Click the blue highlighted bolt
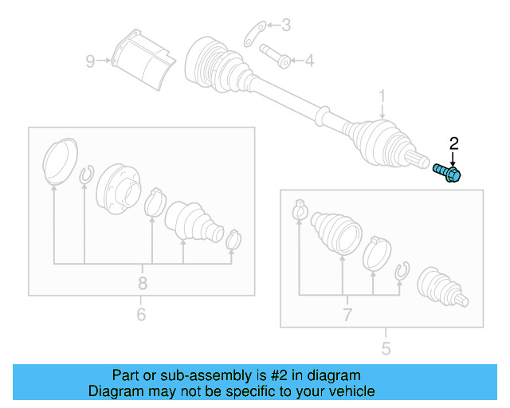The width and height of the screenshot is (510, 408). [x=449, y=173]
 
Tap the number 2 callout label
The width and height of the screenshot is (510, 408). [x=454, y=143]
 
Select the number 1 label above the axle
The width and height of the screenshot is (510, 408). [x=382, y=97]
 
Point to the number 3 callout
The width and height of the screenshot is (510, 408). [x=286, y=26]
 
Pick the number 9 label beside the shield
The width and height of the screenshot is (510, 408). [x=90, y=60]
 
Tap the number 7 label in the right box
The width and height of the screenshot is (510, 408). [x=347, y=315]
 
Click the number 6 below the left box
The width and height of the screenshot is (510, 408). [x=141, y=315]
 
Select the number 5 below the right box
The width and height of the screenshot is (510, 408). [x=386, y=347]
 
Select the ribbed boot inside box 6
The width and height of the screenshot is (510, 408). [x=193, y=222]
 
